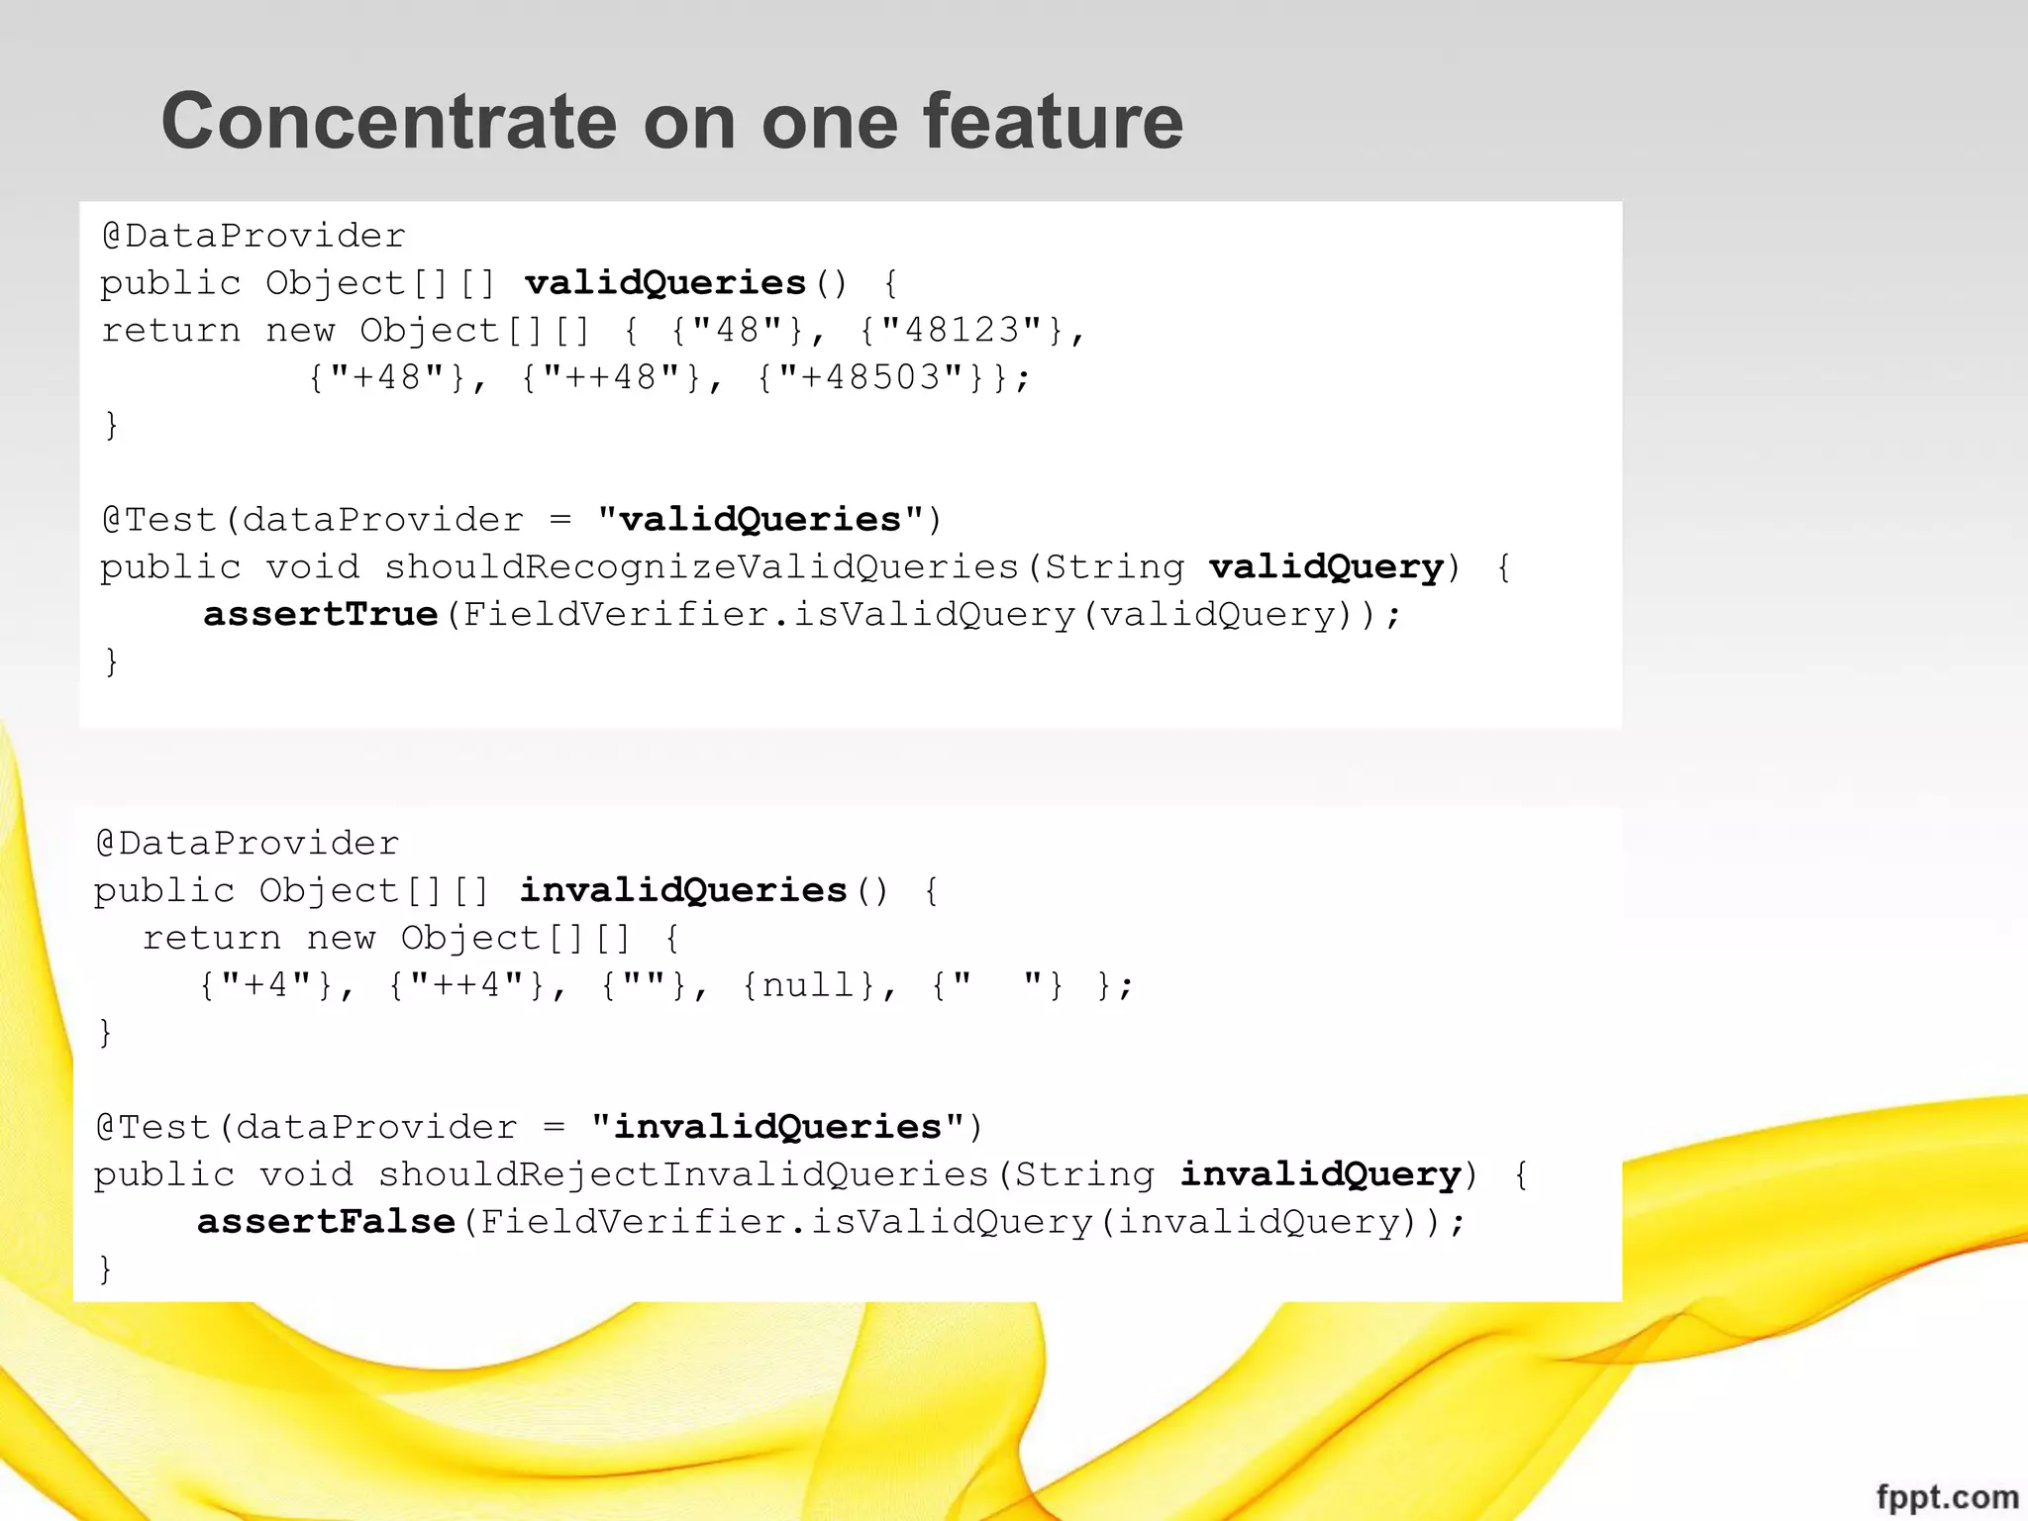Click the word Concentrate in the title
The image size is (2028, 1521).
(x=389, y=121)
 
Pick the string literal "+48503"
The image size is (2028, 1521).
(x=871, y=377)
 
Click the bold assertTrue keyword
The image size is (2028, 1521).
(x=320, y=614)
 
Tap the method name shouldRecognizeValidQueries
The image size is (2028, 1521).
(x=702, y=566)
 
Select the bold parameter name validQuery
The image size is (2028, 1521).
(x=1326, y=566)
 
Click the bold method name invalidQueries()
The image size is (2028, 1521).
(x=683, y=890)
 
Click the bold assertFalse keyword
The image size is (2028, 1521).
(x=326, y=1221)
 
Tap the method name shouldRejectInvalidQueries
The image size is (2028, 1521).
(x=684, y=1174)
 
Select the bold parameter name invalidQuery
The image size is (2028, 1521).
(x=1320, y=1174)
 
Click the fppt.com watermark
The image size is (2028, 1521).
(x=1947, y=1496)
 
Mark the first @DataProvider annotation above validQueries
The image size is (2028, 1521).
(x=253, y=236)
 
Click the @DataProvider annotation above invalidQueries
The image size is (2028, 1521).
(x=248, y=844)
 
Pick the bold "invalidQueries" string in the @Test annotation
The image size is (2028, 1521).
(x=778, y=1127)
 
